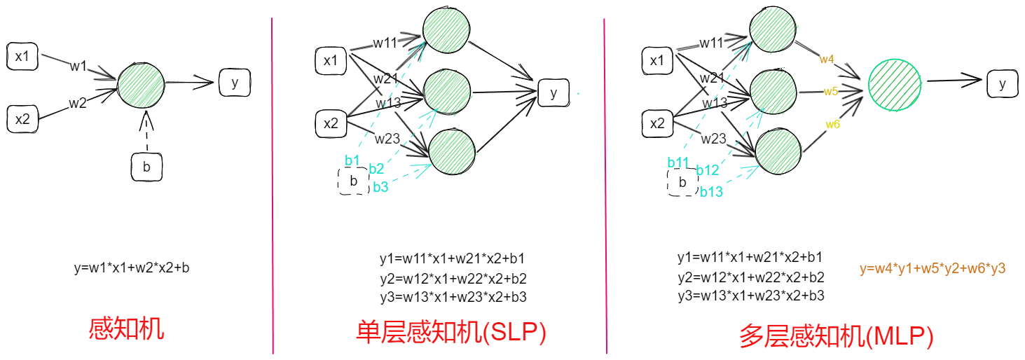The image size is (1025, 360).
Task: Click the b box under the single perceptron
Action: [x=146, y=167]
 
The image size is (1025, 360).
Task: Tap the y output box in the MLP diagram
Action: [x=1003, y=84]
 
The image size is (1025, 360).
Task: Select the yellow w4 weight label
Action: [x=827, y=60]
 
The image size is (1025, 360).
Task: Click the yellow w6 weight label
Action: [x=832, y=125]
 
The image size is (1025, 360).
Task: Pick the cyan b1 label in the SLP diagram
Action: [x=352, y=160]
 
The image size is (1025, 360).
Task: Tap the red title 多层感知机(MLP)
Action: [x=836, y=337]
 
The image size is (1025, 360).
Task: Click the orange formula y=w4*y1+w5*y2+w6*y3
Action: [x=933, y=268]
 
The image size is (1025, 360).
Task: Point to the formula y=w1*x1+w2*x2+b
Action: [x=131, y=268]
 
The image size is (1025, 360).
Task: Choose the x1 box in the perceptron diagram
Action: [x=22, y=57]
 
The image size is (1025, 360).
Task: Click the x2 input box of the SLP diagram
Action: [x=331, y=124]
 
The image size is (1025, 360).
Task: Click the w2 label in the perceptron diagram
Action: [x=78, y=103]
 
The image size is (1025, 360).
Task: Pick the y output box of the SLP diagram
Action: [x=554, y=93]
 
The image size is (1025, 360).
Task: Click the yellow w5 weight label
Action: [x=831, y=91]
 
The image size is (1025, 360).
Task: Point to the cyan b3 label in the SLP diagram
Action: [x=380, y=187]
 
